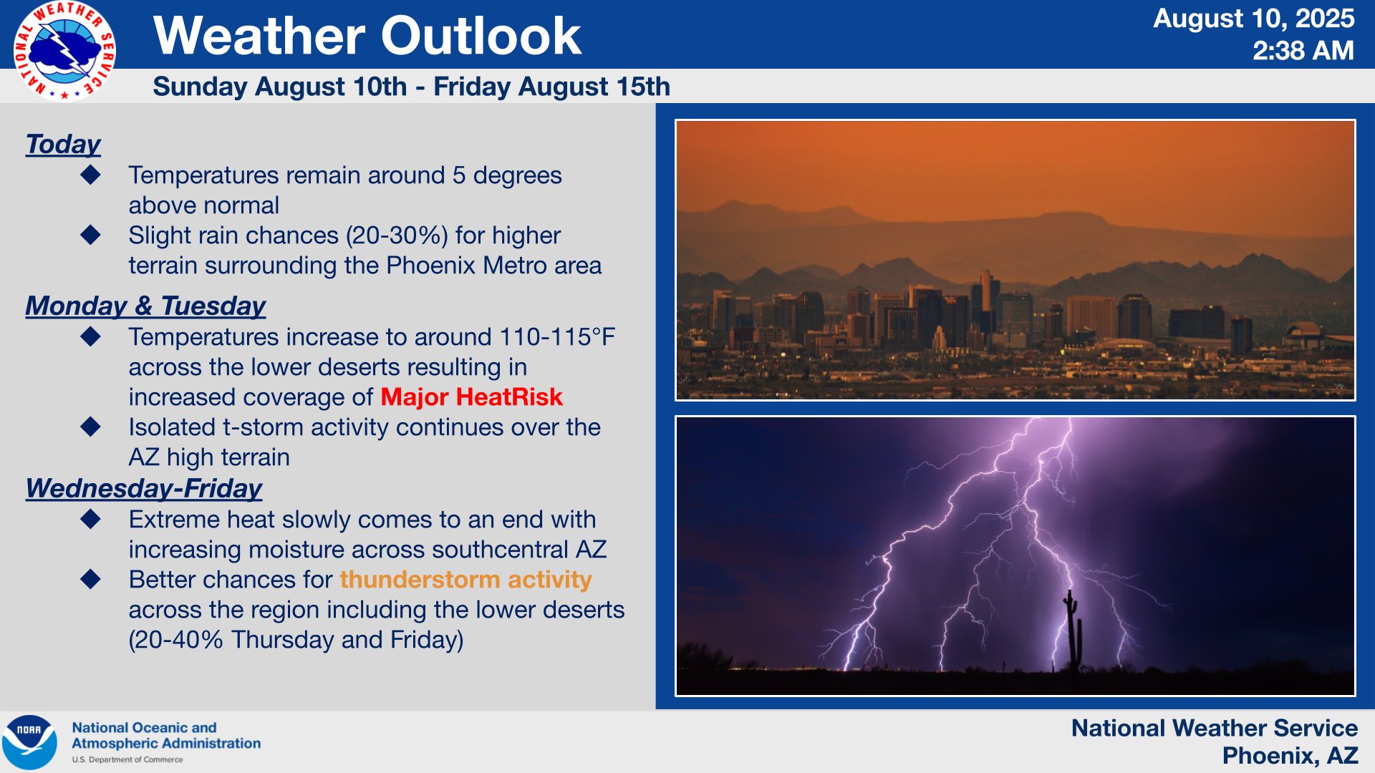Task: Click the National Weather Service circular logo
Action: [x=64, y=50]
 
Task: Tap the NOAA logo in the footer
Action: [x=29, y=742]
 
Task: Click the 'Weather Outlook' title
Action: [x=367, y=36]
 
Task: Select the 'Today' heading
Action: [x=63, y=144]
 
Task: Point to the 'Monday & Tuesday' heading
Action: [x=145, y=306]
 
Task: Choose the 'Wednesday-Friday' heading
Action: [x=144, y=488]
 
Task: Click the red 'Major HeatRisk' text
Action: [x=471, y=397]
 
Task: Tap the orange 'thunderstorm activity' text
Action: [x=465, y=579]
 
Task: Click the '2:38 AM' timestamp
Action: [x=1303, y=51]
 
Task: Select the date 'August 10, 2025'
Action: [x=1253, y=18]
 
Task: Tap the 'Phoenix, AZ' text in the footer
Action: [x=1289, y=755]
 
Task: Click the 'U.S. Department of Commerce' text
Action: [x=127, y=759]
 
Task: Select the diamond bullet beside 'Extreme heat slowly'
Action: [x=91, y=519]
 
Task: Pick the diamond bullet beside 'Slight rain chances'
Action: [x=91, y=235]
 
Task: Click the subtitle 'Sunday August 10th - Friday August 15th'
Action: [x=411, y=87]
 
